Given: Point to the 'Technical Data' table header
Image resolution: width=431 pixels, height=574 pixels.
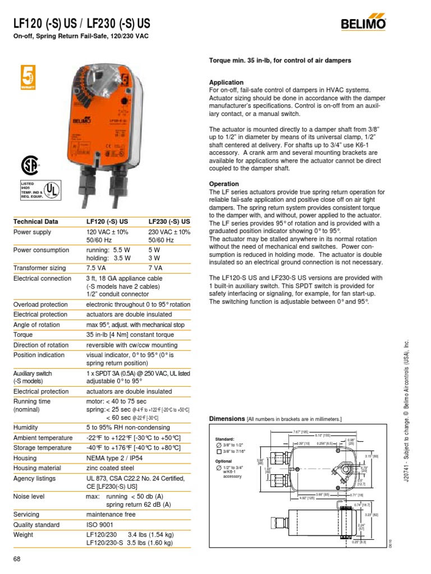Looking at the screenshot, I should pyautogui.click(x=35, y=222).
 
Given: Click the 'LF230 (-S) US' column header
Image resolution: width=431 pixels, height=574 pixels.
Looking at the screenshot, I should pyautogui.click(x=169, y=222).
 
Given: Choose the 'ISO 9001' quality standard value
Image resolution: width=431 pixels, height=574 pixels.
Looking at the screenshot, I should pyautogui.click(x=101, y=525).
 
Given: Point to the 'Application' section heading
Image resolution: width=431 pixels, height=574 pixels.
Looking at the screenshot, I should pyautogui.click(x=226, y=82).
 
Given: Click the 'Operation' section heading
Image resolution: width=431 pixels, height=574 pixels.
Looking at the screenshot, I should pyautogui.click(x=224, y=184).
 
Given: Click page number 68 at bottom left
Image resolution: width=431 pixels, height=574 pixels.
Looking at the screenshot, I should pyautogui.click(x=17, y=559).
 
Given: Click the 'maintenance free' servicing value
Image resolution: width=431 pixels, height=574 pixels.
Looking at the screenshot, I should pyautogui.click(x=111, y=514).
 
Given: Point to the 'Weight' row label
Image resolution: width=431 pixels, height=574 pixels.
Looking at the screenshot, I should pyautogui.click(x=24, y=535).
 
